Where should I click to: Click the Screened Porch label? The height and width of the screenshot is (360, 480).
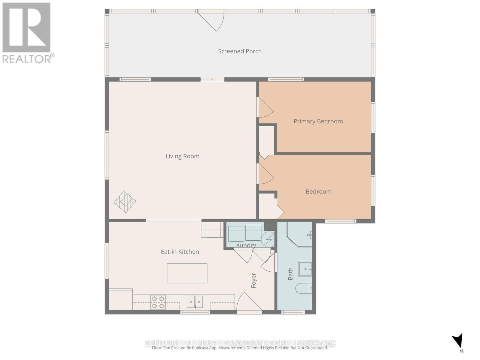[240, 51]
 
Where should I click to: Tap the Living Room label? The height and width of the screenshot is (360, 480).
[182, 156]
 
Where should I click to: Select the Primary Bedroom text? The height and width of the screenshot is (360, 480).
[318, 121]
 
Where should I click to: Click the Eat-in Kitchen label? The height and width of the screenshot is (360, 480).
[180, 252]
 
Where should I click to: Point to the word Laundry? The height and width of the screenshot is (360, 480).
[244, 245]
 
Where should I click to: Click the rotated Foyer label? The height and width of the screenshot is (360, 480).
[254, 280]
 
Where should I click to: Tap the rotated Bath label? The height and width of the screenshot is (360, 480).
[290, 274]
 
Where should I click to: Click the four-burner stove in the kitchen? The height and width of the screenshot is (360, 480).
[158, 302]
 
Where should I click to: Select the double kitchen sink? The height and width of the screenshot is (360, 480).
[195, 302]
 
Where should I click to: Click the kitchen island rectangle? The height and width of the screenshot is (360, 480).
[187, 273]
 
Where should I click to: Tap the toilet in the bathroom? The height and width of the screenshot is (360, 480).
[304, 289]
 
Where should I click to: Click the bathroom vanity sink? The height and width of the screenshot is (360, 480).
[305, 269]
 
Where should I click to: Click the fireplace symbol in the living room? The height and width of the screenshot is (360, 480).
[125, 202]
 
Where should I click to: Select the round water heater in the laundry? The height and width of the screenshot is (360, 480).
[268, 239]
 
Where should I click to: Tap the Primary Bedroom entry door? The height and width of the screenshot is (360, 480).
[265, 108]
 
